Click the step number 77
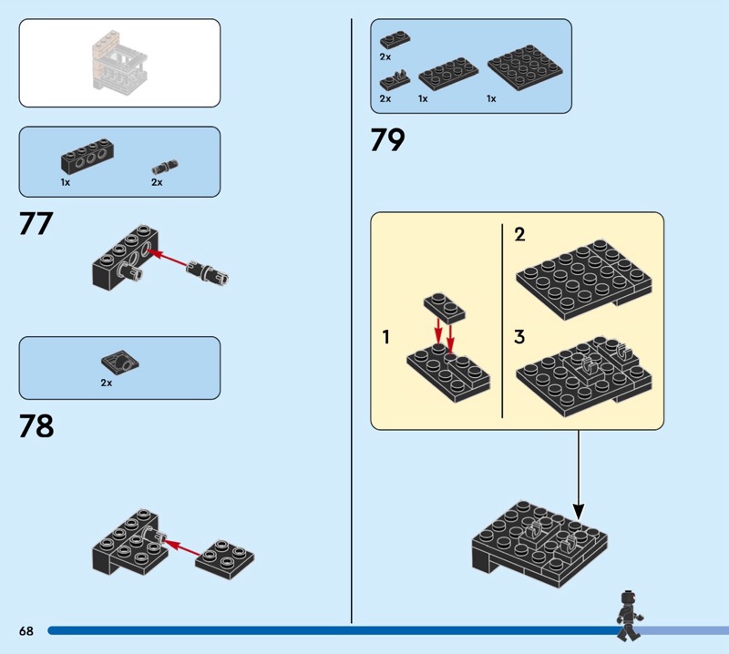pyautogui.click(x=36, y=223)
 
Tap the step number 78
pyautogui.click(x=36, y=425)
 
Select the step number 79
pyautogui.click(x=388, y=140)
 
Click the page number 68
pyautogui.click(x=26, y=630)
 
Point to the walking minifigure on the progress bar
pyautogui.click(x=629, y=615)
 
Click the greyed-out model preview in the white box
pyautogui.click(x=120, y=60)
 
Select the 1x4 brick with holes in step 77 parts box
pyautogui.click(x=87, y=156)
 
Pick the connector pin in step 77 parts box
pyautogui.click(x=165, y=166)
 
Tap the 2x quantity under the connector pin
pyautogui.click(x=157, y=182)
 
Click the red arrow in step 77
pyautogui.click(x=167, y=259)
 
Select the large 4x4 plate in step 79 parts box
pyautogui.click(x=525, y=67)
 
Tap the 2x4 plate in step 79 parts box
pyautogui.click(x=448, y=74)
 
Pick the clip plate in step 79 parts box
pyautogui.click(x=395, y=80)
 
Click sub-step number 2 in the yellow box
pyautogui.click(x=519, y=234)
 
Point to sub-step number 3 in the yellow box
pyautogui.click(x=519, y=336)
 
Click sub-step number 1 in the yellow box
pyautogui.click(x=385, y=336)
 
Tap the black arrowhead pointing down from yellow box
pyautogui.click(x=579, y=511)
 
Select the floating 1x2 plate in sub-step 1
pyautogui.click(x=445, y=308)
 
